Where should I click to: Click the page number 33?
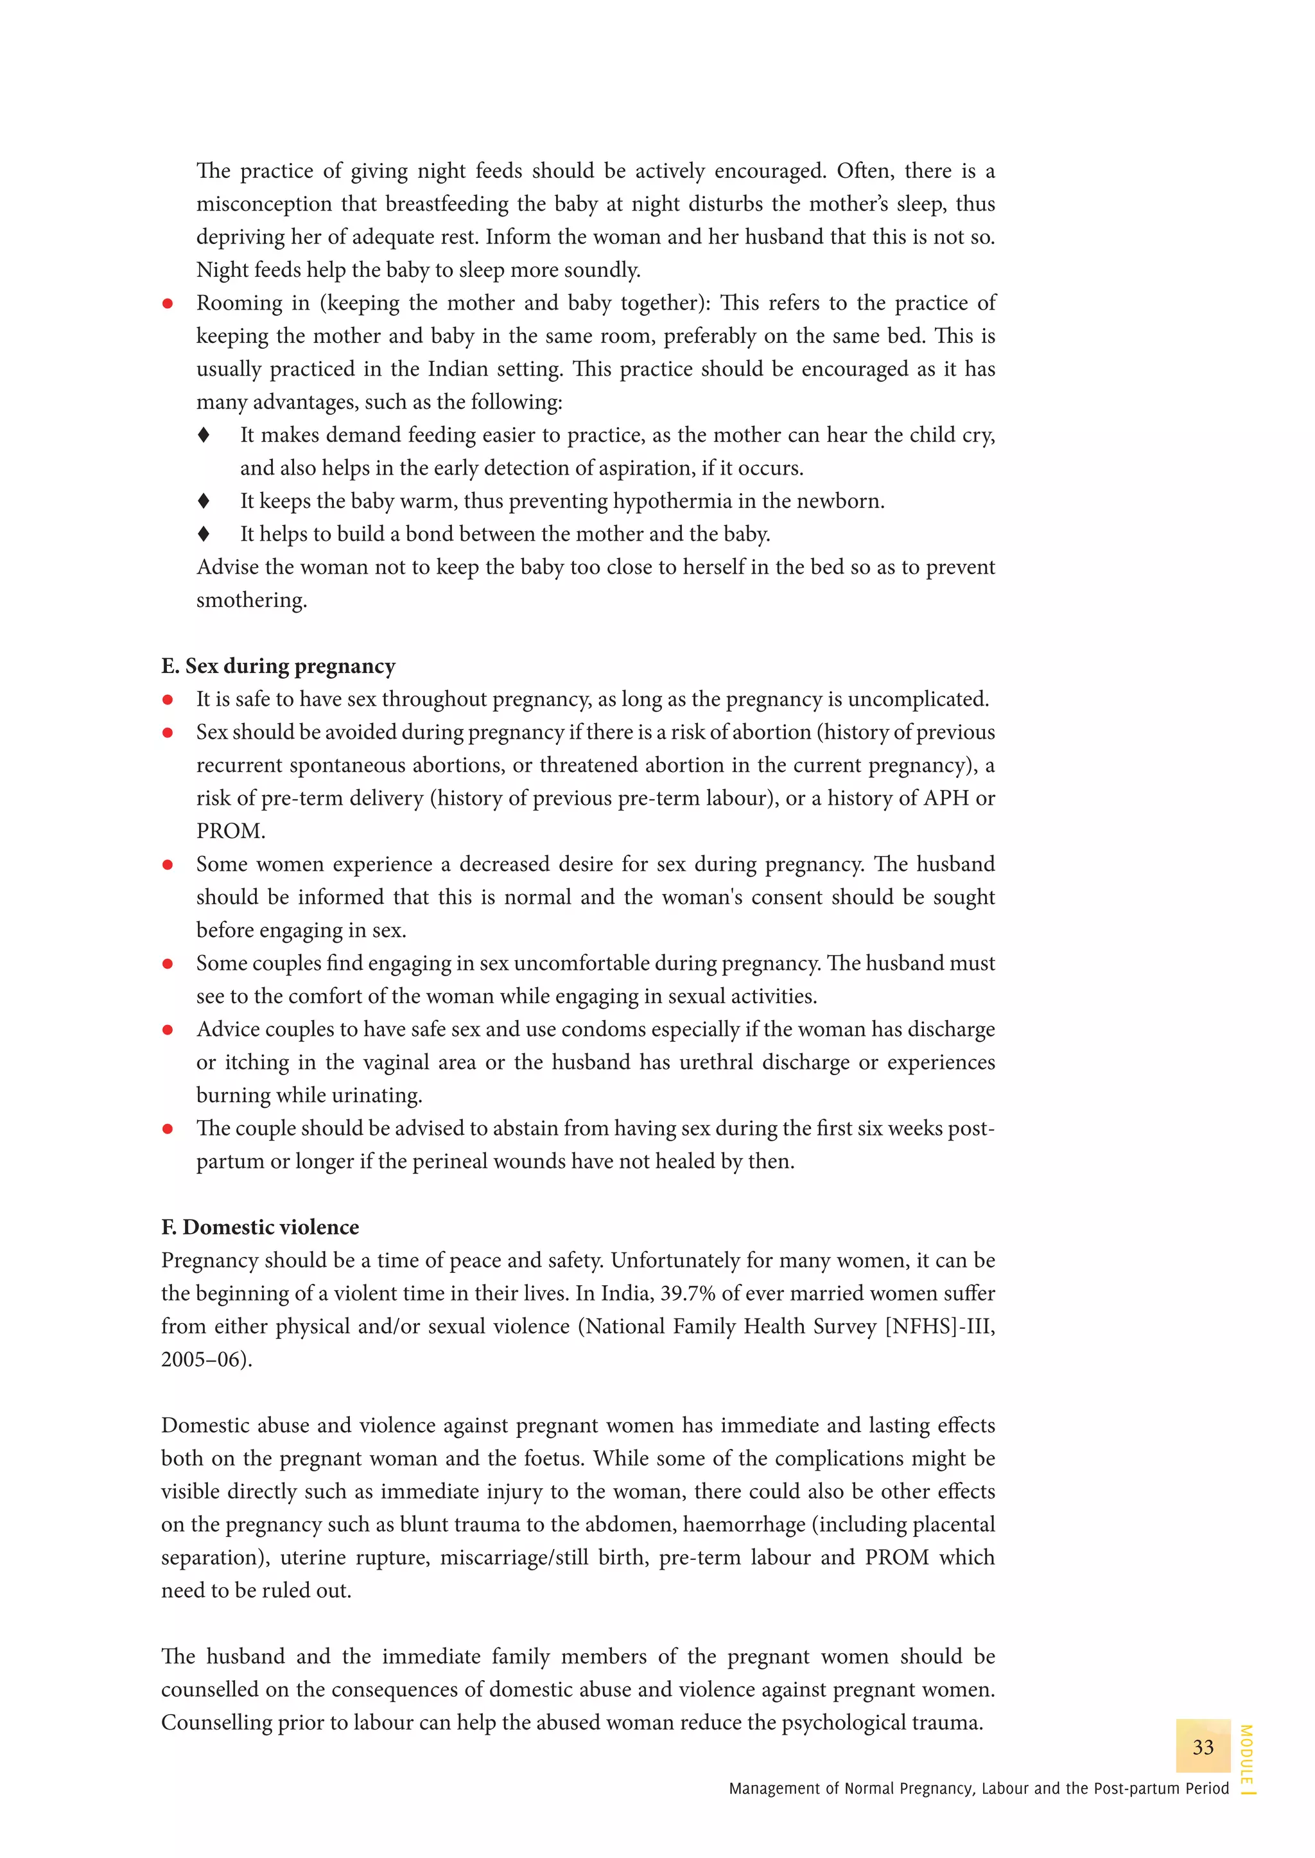coord(1203,1747)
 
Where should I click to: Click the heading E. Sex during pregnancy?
coord(278,666)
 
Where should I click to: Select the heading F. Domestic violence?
coord(260,1227)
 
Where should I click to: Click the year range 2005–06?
coord(204,1359)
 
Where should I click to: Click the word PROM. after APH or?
coord(230,831)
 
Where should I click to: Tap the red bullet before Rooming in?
coord(168,304)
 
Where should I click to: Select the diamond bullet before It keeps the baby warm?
coord(204,502)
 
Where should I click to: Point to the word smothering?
coord(251,600)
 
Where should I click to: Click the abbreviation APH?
coord(946,798)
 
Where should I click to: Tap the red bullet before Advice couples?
coord(168,1030)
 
